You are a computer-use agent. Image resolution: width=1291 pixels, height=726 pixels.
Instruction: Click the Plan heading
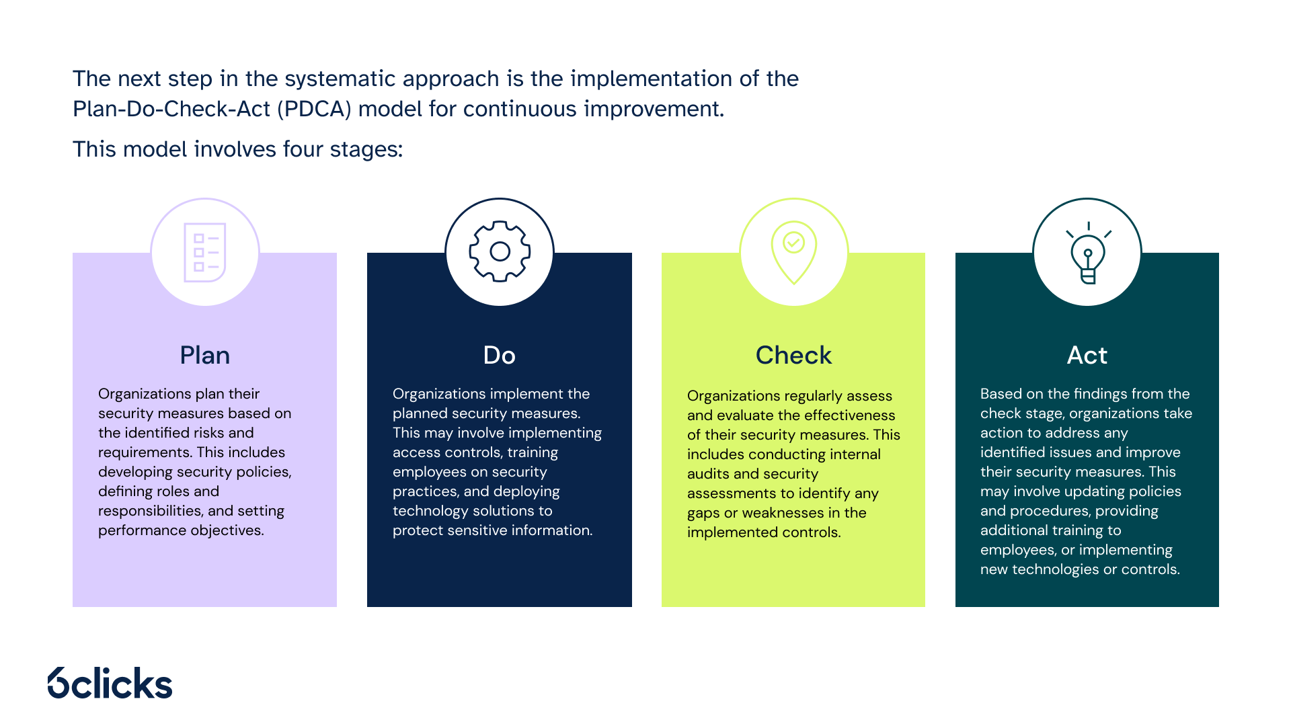tap(204, 355)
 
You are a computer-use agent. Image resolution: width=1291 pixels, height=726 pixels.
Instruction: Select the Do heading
tap(499, 355)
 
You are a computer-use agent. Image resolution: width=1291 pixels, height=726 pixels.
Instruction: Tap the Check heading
tap(793, 355)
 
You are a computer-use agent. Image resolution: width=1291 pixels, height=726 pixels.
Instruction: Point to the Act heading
tap(1087, 355)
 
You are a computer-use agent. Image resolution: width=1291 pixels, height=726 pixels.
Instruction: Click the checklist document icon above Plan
tap(205, 252)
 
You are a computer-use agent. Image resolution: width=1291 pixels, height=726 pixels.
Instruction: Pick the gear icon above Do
tap(500, 251)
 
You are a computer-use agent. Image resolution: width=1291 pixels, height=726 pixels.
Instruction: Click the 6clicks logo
tap(110, 683)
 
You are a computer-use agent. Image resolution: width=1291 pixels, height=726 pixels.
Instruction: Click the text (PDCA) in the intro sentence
tap(314, 109)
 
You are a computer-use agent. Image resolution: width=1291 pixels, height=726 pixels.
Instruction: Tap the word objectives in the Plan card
tap(227, 530)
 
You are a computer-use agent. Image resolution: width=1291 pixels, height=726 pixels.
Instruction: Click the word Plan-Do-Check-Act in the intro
tap(171, 109)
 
